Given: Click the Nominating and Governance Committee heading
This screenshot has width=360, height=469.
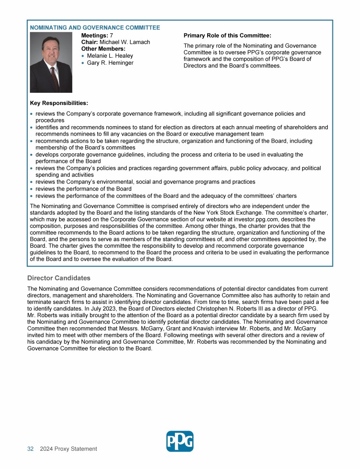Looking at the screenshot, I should [95, 28].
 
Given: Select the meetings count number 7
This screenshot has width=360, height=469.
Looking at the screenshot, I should [111, 35].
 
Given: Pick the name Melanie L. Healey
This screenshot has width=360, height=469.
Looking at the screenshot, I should [110, 56].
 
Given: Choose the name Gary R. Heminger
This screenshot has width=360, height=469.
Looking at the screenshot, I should [110, 63].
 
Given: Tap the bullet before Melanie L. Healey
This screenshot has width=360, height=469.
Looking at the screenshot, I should [83, 56].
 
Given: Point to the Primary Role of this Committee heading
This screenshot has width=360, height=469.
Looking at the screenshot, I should [227, 35].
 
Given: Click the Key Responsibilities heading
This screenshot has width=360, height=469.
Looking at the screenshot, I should [59, 103].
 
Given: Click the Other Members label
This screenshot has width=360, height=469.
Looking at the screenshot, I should [104, 49].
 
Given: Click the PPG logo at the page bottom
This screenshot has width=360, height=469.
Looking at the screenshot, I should [180, 441].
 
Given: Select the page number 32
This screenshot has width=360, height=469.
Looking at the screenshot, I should [30, 449].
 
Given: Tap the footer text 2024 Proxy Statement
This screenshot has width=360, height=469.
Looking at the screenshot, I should [68, 449].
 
